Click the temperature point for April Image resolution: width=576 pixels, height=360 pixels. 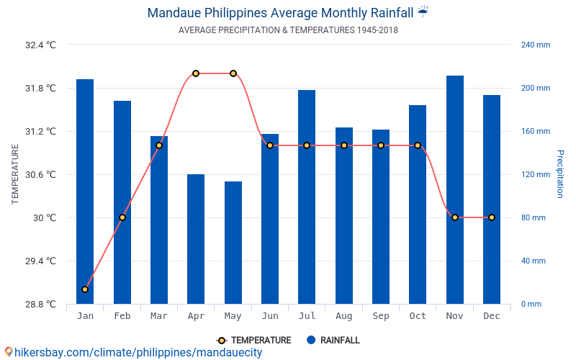tap(196, 73)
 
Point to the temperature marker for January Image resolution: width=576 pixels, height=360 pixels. tap(85, 289)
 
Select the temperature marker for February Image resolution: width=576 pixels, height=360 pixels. tap(122, 217)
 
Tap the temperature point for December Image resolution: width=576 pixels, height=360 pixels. tap(492, 217)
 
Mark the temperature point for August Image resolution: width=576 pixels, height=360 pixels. tap(344, 145)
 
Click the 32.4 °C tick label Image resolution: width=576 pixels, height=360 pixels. tap(40, 45)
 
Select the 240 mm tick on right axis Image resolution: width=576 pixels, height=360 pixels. tap(536, 45)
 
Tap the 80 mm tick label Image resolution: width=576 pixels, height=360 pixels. tap(534, 217)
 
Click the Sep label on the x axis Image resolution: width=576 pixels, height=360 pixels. tap(381, 316)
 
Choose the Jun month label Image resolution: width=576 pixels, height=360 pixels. tap(270, 316)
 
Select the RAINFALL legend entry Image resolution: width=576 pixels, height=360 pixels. tap(333, 341)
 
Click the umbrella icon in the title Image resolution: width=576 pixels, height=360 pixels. tap(423, 12)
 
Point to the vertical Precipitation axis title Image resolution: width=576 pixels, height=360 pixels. tap(559, 174)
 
